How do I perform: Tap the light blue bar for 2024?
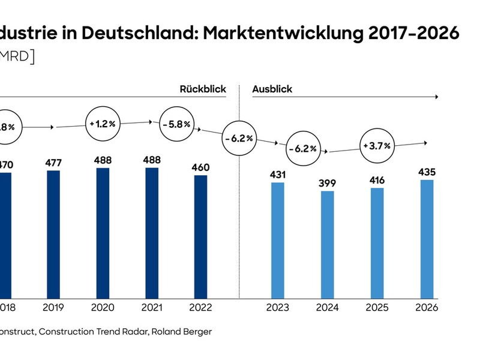[x=328, y=245]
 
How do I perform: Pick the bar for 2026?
[x=426, y=239]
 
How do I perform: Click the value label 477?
[x=53, y=163]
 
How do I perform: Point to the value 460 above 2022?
[x=201, y=167]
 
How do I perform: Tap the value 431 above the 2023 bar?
[x=278, y=175]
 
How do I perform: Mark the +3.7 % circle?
[x=377, y=145]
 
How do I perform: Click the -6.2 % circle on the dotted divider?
[x=239, y=139]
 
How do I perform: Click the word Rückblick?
[x=203, y=89]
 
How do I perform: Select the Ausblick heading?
[x=272, y=89]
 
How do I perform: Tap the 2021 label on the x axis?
[x=152, y=308]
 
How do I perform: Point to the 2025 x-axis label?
[x=377, y=308]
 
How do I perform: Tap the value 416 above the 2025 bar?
[x=377, y=180]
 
